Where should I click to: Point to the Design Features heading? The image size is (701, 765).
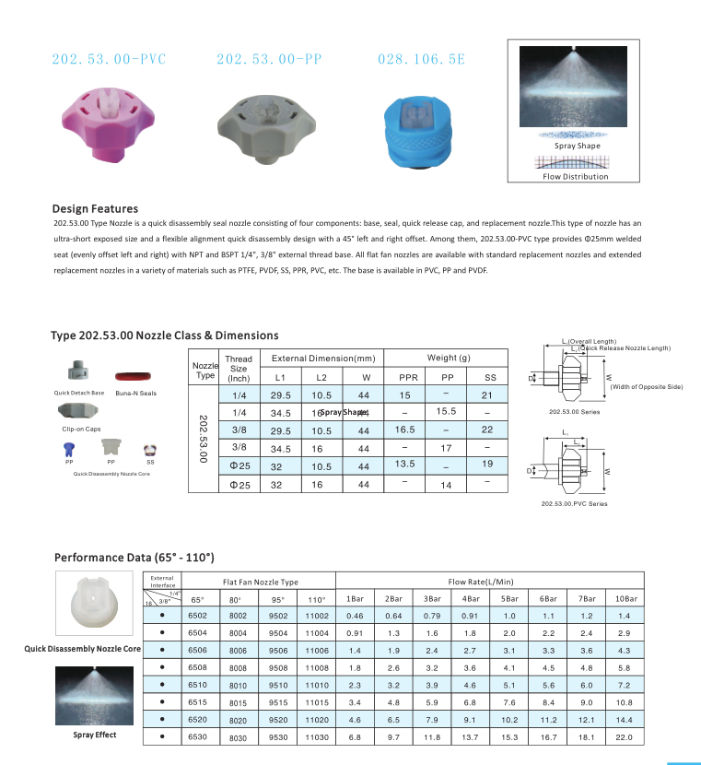pos(96,209)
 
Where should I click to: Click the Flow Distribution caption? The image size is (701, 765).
pos(575,176)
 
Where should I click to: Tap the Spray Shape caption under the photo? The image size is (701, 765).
pos(577,146)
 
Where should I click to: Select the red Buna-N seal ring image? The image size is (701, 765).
pos(135,377)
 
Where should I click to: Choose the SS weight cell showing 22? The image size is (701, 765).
pos(487,430)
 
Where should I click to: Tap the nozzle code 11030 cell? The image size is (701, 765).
pos(316,737)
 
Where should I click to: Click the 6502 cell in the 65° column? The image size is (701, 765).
pos(197,616)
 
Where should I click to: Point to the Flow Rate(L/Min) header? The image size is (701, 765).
pos(481,582)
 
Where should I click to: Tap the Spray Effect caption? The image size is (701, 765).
pos(95,736)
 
